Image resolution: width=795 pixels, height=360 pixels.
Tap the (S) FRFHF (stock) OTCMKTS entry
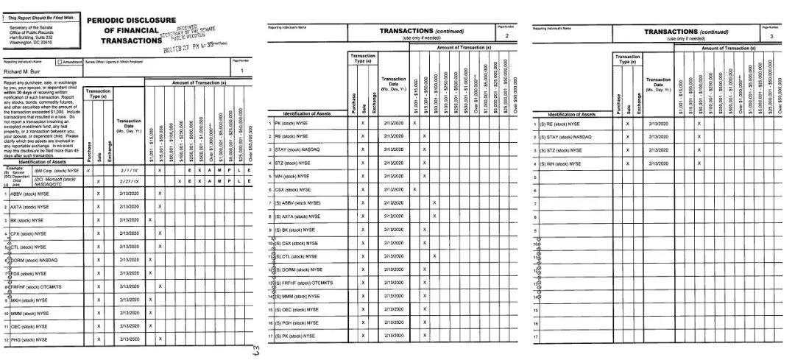(304, 283)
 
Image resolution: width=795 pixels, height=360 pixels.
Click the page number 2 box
(506, 35)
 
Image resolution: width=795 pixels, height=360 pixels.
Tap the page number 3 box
(771, 35)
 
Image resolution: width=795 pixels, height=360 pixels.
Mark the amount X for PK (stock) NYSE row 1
(414, 123)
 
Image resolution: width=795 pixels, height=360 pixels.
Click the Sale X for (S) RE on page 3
(627, 124)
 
